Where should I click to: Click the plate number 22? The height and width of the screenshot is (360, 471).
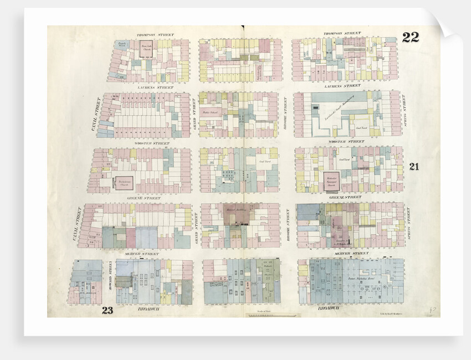pos(411,38)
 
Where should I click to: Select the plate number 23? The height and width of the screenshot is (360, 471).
pos(107,310)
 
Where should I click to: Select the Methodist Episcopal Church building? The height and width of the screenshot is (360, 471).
pos(332,180)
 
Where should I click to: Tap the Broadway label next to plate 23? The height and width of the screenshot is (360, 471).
pos(146,308)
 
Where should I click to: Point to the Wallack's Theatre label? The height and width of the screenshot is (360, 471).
pos(268,271)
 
